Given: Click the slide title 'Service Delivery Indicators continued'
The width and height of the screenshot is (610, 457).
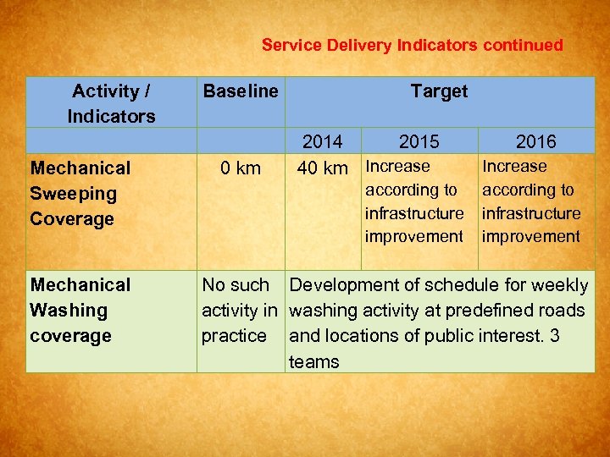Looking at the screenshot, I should click(412, 45).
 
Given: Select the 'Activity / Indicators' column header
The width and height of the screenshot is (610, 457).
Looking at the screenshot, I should click(111, 103).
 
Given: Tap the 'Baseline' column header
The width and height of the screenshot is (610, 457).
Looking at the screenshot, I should click(240, 91).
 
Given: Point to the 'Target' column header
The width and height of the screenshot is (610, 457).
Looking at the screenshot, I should click(438, 91).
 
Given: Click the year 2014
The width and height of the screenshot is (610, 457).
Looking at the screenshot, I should click(322, 141).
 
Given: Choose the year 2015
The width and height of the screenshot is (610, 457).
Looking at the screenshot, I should click(419, 141).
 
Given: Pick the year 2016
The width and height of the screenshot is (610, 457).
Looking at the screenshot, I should click(535, 141).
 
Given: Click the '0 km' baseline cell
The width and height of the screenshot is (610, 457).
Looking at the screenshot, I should click(240, 168).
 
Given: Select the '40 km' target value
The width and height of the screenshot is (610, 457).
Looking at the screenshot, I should click(322, 168).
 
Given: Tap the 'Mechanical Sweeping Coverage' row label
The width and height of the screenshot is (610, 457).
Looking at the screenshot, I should click(80, 193).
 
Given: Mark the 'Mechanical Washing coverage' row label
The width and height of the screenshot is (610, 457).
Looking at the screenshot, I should click(80, 310).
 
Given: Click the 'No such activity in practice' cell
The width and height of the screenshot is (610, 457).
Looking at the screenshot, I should click(240, 310).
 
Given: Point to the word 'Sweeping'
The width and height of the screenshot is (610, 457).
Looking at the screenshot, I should click(73, 193).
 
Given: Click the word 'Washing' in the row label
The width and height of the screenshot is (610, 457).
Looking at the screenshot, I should click(69, 310).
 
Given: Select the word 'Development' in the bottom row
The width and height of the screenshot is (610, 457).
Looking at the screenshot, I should click(341, 285).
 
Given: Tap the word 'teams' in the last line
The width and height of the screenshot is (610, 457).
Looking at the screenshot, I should click(313, 362).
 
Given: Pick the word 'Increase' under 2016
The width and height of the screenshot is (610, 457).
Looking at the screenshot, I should click(514, 167).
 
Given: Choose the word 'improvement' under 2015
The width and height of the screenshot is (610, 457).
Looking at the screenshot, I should click(413, 236).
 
